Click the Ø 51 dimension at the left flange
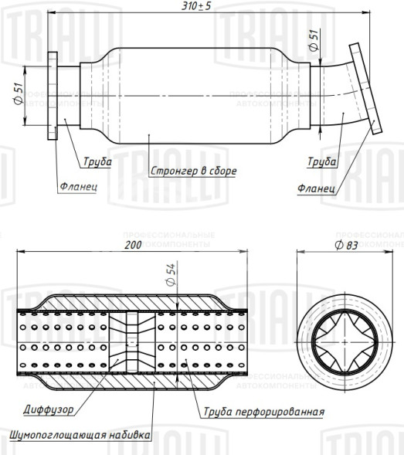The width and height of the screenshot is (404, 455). point(16,97)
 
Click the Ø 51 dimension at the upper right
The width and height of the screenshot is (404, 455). point(313,41)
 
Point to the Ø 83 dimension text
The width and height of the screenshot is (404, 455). point(346,245)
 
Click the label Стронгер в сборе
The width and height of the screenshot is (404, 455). point(193,171)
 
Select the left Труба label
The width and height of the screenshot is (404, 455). point(98,162)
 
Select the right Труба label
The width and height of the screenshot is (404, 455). point(321,162)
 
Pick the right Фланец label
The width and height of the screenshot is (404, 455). point(315,188)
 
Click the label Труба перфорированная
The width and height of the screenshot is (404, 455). point(263,412)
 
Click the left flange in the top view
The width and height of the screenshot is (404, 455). point(52,96)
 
